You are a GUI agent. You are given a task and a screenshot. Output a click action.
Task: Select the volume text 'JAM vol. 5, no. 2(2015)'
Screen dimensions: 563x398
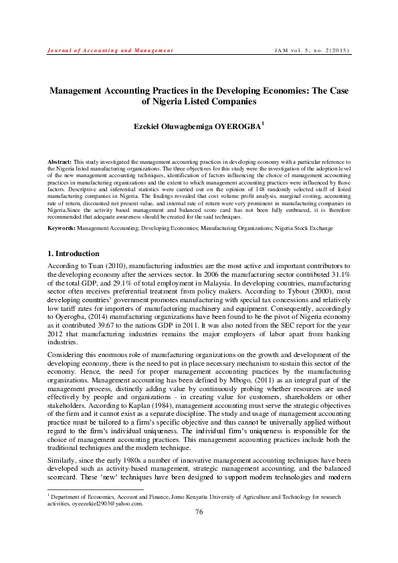[x=313, y=50]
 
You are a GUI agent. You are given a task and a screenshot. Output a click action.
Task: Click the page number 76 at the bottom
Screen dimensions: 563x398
[x=199, y=530]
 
